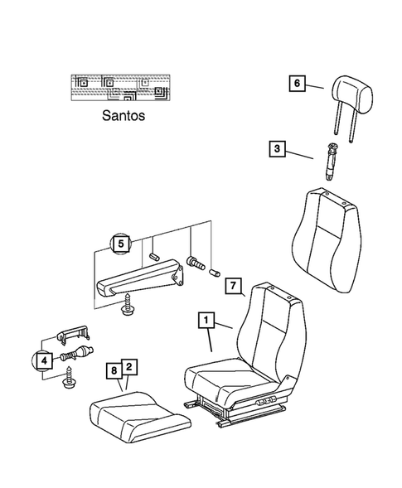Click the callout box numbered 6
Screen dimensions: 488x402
[x=296, y=83]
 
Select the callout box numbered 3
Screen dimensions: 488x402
[x=276, y=149]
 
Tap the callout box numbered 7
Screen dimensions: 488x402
[x=233, y=287]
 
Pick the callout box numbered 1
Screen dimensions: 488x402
[x=205, y=319]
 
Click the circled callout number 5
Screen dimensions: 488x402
[x=122, y=244]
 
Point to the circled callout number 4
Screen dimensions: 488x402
[x=43, y=359]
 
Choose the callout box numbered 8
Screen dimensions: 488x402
[x=114, y=370]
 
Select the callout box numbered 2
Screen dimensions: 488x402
[x=129, y=366]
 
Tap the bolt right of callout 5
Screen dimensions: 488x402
[x=196, y=262]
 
